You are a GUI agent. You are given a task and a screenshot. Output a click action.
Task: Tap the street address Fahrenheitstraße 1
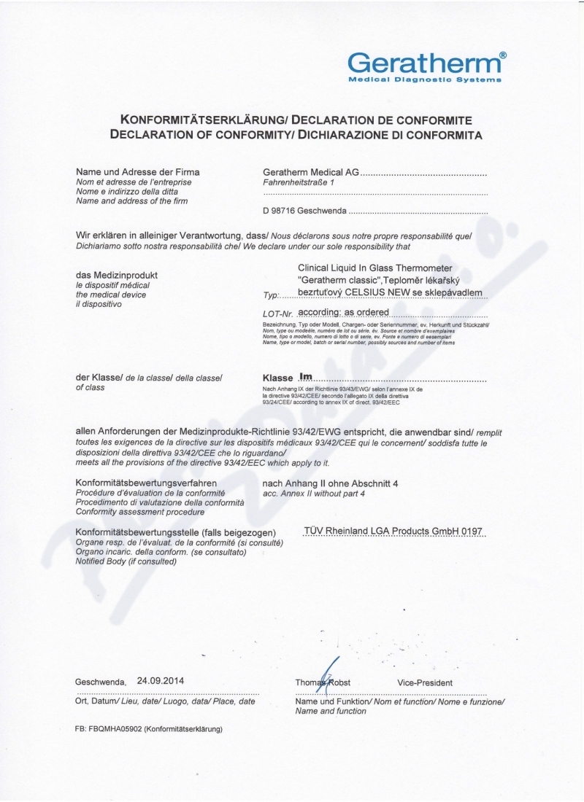tap(298, 183)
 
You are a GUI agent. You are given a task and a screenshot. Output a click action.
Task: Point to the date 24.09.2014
tap(161, 680)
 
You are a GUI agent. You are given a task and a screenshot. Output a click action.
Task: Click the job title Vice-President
tap(425, 682)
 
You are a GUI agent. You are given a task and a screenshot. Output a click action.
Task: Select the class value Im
tap(306, 377)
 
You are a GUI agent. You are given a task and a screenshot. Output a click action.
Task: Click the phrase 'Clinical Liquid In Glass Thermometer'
tap(375, 268)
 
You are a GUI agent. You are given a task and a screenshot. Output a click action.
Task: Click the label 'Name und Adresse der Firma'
tap(138, 172)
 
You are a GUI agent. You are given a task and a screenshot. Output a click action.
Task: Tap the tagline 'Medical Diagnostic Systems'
tap(424, 79)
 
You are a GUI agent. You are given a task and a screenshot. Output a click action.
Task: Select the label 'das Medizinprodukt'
tap(117, 275)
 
